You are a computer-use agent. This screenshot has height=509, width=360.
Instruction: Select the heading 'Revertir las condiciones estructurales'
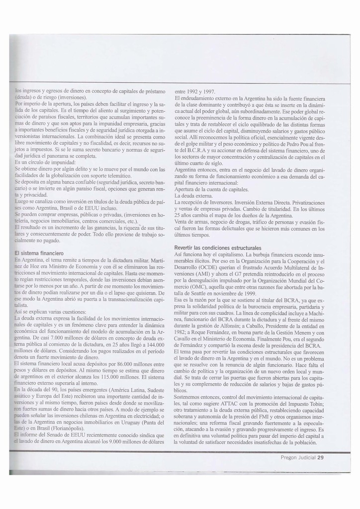click(217, 248)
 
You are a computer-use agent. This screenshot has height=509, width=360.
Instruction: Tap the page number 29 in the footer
click(321, 457)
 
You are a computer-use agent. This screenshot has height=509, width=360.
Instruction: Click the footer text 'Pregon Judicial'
click(298, 457)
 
